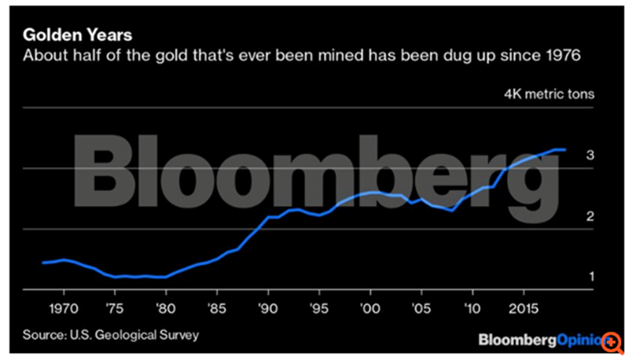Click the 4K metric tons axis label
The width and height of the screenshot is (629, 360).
550,94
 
